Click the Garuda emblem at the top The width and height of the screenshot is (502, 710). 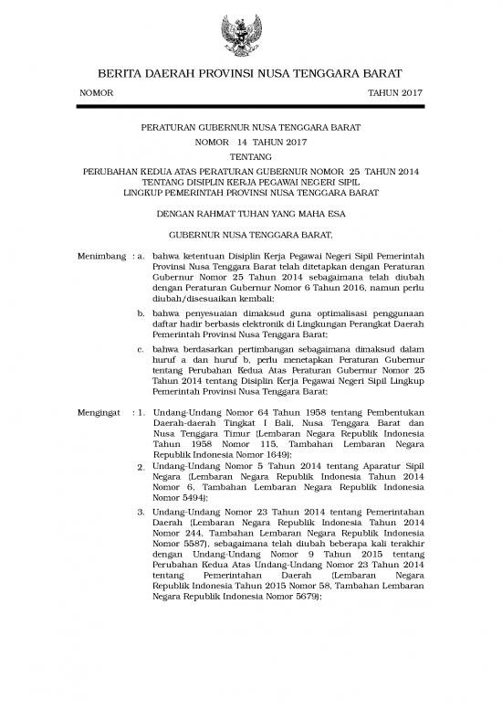point(250,37)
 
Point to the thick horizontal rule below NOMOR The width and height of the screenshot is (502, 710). point(250,108)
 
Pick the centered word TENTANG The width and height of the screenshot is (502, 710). point(250,156)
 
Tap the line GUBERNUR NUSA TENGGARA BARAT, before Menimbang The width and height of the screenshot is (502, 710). point(250,234)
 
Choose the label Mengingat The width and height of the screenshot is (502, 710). point(100,412)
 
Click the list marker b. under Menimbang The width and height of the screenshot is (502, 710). point(141,314)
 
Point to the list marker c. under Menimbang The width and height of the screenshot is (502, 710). point(141,348)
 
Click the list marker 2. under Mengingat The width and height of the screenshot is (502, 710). point(141,468)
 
